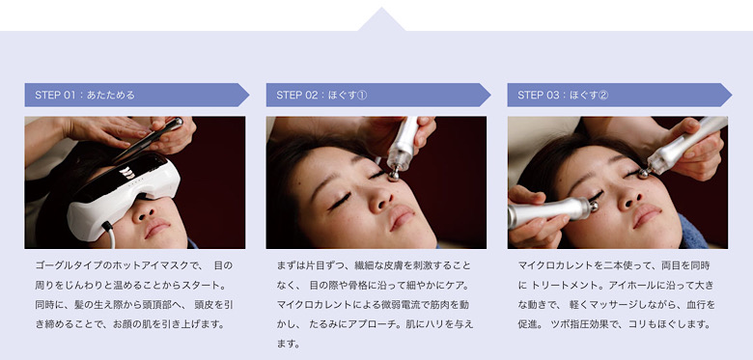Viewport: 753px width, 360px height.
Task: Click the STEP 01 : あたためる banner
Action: (137, 95)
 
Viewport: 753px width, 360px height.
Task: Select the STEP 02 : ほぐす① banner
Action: (378, 95)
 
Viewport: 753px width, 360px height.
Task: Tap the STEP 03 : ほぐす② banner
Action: (620, 95)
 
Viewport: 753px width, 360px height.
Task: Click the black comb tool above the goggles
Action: (148, 139)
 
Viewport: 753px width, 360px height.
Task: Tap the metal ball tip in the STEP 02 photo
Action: (393, 175)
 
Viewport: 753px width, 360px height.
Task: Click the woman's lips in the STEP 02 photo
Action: (401, 216)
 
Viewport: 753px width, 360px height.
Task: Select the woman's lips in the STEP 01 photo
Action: (156, 228)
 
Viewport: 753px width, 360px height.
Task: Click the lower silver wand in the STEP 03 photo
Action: (552, 211)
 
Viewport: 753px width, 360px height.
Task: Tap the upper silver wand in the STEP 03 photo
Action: (684, 147)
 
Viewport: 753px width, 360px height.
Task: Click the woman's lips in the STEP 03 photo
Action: (646, 215)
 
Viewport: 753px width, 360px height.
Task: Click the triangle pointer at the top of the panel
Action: (381, 19)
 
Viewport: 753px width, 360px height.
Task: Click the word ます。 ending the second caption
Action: (288, 345)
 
